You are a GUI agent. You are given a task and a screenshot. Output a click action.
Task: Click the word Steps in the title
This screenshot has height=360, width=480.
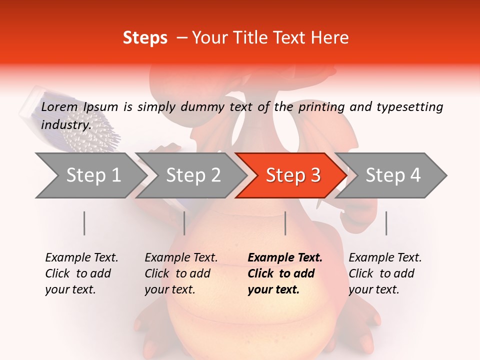[x=145, y=38]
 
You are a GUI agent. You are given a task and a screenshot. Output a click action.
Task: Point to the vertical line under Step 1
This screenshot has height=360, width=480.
[x=84, y=223]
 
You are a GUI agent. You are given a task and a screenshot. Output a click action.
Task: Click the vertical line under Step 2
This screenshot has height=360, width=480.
[x=184, y=223]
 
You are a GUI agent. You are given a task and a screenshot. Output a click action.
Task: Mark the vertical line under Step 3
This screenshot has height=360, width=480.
[x=285, y=223]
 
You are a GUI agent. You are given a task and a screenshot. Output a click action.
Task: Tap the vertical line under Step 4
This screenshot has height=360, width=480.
[x=386, y=223]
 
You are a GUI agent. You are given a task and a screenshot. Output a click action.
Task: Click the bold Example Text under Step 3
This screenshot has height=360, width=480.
[x=285, y=258]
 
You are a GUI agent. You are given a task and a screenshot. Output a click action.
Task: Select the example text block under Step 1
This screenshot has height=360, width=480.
[x=81, y=273]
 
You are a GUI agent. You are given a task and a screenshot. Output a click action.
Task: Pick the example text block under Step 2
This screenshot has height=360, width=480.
[x=181, y=273]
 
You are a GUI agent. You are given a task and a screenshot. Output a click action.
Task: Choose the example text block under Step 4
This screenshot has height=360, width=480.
[x=385, y=273]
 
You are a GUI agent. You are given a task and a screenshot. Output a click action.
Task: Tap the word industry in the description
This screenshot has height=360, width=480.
[x=65, y=125]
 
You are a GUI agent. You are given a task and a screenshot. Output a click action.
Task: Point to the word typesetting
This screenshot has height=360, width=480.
[x=409, y=107]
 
